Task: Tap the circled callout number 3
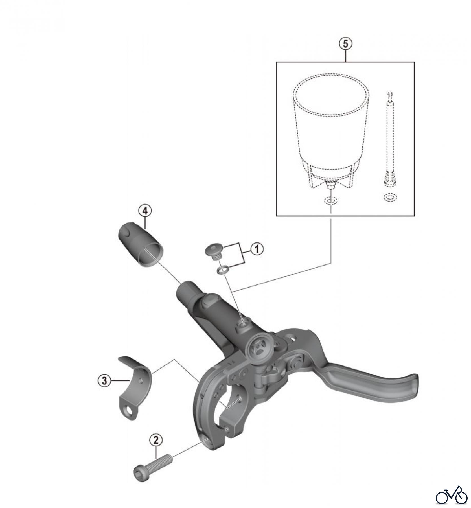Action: click(104, 381)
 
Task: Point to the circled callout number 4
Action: click(145, 211)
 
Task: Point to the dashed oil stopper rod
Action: click(389, 138)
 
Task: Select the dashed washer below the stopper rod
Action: click(389, 197)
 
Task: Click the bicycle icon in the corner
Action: click(451, 494)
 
